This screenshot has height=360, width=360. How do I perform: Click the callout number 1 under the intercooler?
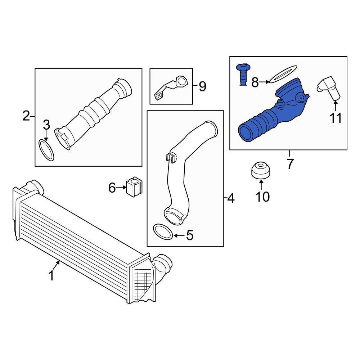(x=51, y=276)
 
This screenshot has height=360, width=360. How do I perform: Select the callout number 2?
(x=26, y=116)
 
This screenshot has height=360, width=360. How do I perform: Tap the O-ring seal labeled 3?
(x=46, y=150)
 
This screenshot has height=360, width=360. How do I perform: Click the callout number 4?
(x=230, y=198)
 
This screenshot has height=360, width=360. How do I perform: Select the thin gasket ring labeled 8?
(x=283, y=74)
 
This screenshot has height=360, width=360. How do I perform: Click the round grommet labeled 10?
(x=261, y=170)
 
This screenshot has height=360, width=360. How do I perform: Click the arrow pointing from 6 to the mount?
(x=121, y=187)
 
